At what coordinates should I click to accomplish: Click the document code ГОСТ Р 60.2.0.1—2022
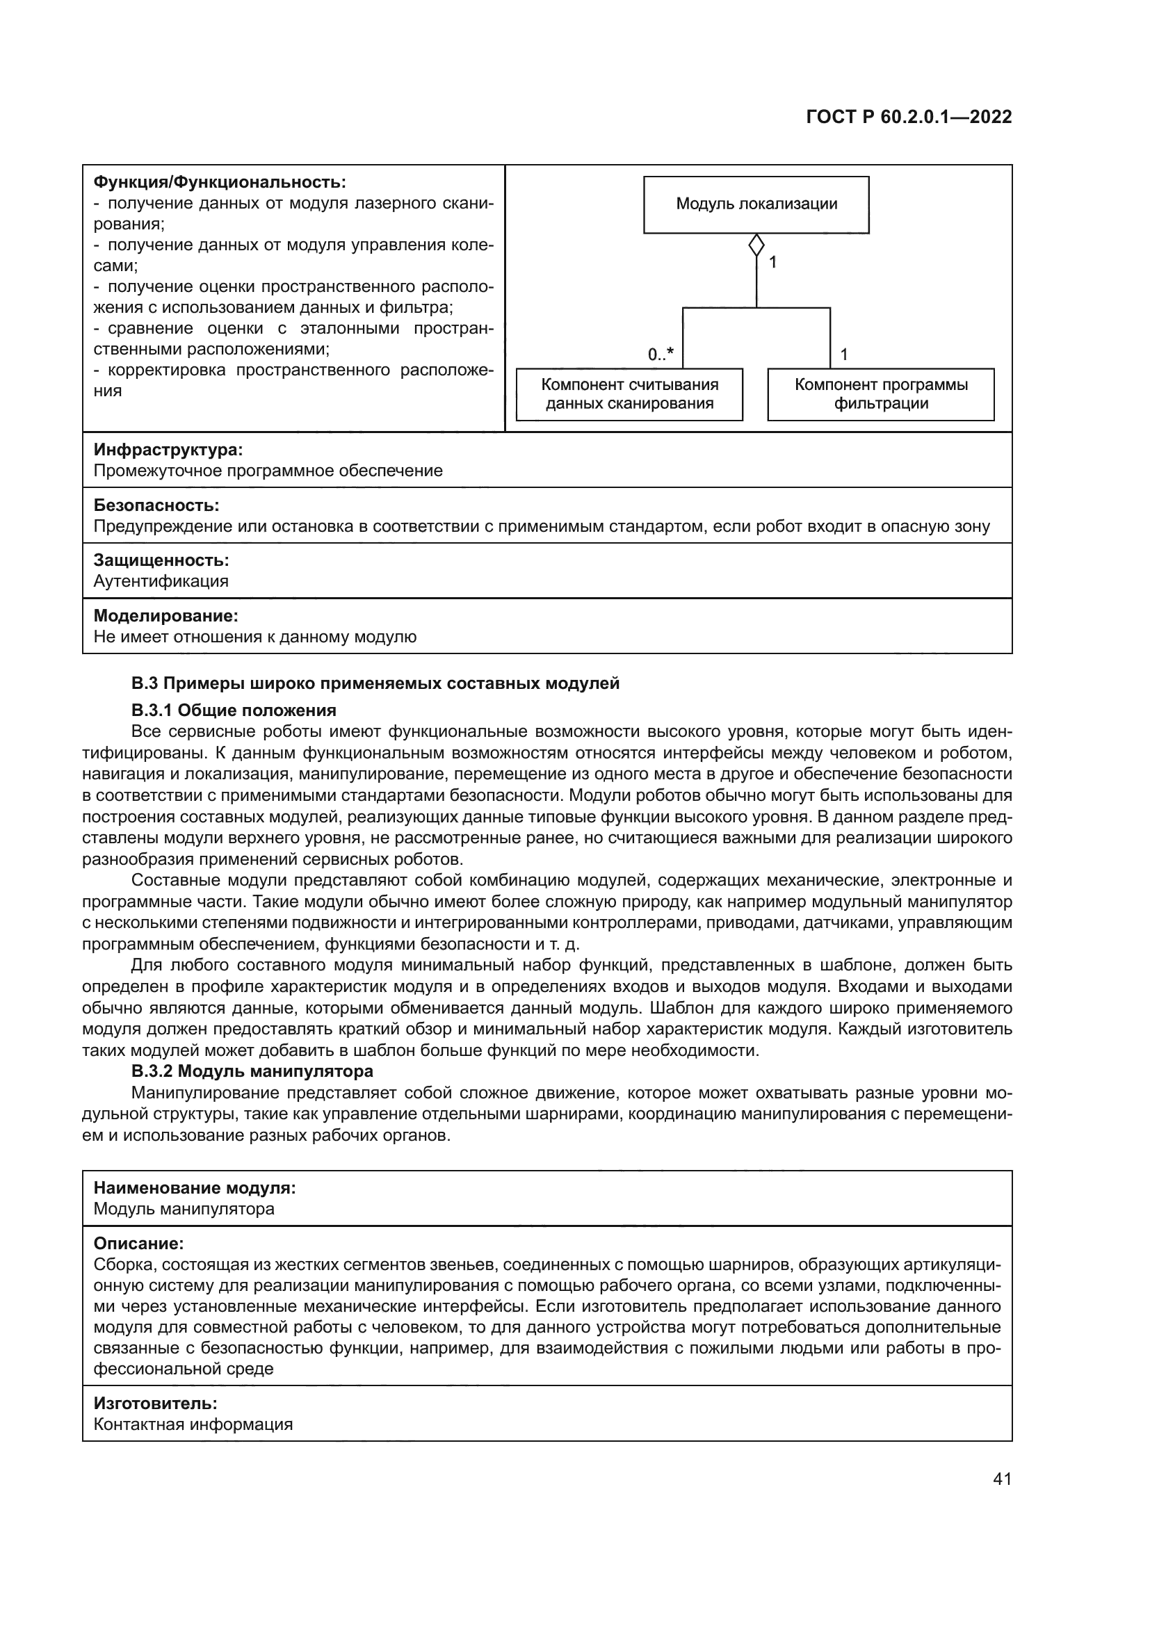click(x=909, y=117)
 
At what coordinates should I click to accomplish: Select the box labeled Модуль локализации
click(x=756, y=204)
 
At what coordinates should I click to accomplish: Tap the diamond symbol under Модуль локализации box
click(x=756, y=245)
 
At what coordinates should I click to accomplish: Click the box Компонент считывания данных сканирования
click(x=629, y=393)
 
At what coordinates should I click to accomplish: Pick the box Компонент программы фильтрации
click(x=880, y=393)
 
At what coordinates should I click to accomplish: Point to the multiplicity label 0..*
click(x=660, y=355)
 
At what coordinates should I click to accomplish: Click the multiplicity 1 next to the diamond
click(x=772, y=263)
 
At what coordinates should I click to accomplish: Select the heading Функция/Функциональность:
click(x=220, y=182)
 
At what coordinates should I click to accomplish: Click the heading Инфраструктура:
click(x=168, y=450)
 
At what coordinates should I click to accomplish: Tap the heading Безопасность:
click(x=156, y=505)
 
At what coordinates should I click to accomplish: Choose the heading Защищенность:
click(x=161, y=560)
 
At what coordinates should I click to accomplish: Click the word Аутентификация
click(x=161, y=581)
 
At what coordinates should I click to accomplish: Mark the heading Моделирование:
click(x=165, y=615)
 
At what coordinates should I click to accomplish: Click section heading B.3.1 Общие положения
click(x=234, y=710)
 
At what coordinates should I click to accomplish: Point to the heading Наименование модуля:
click(x=195, y=1187)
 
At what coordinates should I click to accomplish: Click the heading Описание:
click(x=139, y=1243)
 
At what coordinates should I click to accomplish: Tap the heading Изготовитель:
click(x=155, y=1403)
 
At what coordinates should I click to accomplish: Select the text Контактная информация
click(x=193, y=1424)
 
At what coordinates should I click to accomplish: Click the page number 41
click(x=1002, y=1479)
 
